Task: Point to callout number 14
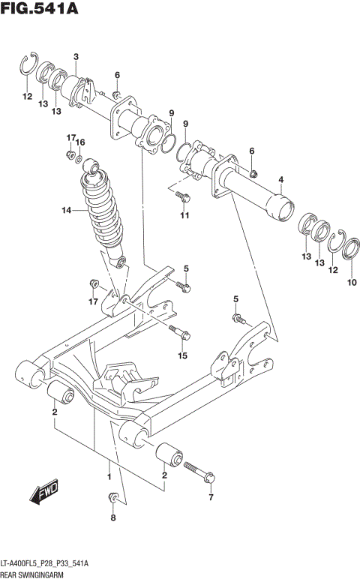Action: coord(65,211)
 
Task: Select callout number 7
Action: coord(211,497)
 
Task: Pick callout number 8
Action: coord(113,517)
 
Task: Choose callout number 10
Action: coord(352,283)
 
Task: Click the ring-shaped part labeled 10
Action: coord(351,245)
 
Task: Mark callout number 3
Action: coord(76,57)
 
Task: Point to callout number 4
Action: coord(280,179)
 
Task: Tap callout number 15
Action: coord(181,355)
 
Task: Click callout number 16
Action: coord(80,142)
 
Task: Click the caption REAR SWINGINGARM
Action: coord(34,574)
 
